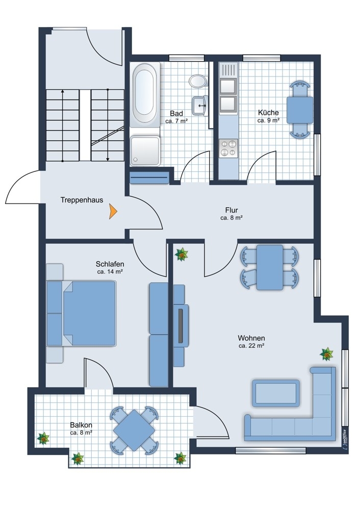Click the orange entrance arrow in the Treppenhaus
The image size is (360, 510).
[113, 212]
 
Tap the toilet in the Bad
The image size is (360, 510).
[198, 81]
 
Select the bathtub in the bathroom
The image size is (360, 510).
[145, 93]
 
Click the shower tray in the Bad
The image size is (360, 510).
[145, 151]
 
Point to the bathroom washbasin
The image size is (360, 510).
[200, 106]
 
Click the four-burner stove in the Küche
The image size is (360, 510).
[228, 148]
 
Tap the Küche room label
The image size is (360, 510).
[268, 113]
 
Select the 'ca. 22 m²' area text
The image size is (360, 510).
[251, 346]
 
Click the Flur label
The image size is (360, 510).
[232, 210]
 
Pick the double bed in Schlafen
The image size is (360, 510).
[81, 313]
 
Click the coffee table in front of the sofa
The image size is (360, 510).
[276, 393]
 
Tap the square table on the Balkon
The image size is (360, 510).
[134, 430]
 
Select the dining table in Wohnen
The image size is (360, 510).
[270, 267]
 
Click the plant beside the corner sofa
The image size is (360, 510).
[326, 354]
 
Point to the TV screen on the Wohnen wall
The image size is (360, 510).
[181, 324]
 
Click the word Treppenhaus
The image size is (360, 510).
[82, 200]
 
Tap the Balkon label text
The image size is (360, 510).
[81, 425]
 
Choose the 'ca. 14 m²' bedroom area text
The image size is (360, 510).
[110, 272]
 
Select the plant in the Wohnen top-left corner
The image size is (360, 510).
[182, 254]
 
